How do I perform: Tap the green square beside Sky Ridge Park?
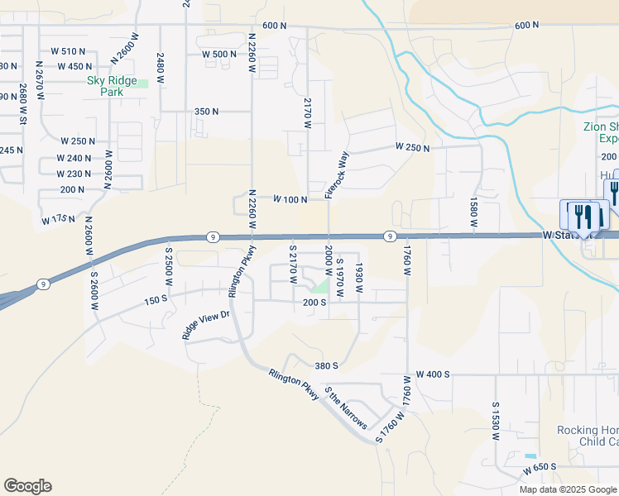coord(142,83)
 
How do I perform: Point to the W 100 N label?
coord(291,199)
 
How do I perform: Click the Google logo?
coord(27,486)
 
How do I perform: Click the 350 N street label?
coord(206,111)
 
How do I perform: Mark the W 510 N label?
coord(68,51)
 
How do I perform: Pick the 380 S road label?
coord(327,365)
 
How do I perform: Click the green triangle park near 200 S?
coord(319,286)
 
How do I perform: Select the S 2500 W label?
coord(168,266)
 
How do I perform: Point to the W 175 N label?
coord(58,220)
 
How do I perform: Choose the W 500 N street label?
coord(219,55)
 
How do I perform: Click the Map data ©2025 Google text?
coord(568,489)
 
